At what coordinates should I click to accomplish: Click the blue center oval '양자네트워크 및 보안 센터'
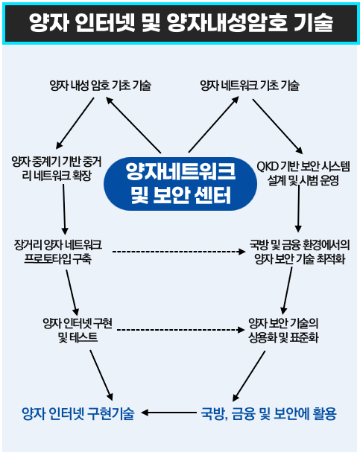click(180, 184)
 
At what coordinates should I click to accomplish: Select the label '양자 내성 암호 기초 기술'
click(100, 86)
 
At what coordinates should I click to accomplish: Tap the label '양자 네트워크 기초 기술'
click(250, 86)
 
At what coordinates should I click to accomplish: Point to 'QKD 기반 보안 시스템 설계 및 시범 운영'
click(303, 174)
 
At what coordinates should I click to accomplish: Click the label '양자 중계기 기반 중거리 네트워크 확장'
click(57, 168)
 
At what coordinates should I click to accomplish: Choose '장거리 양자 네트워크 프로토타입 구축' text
click(58, 252)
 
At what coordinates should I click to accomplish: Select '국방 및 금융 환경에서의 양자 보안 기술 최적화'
click(300, 252)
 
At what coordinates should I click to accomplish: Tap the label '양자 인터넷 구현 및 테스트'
click(78, 330)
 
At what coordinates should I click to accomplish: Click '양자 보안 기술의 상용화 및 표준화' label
click(283, 330)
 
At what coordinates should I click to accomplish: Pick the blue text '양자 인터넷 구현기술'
click(78, 413)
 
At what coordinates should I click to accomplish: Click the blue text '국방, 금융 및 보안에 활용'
click(268, 413)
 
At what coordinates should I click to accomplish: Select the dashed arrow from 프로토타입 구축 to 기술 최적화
click(179, 251)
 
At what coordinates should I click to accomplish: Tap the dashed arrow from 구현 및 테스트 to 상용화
click(180, 330)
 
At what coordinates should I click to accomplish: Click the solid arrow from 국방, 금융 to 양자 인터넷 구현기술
click(168, 413)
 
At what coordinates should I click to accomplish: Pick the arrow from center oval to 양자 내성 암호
click(133, 125)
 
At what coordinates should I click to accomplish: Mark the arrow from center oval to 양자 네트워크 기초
click(214, 124)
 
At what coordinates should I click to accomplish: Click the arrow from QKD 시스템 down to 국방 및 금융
click(298, 208)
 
